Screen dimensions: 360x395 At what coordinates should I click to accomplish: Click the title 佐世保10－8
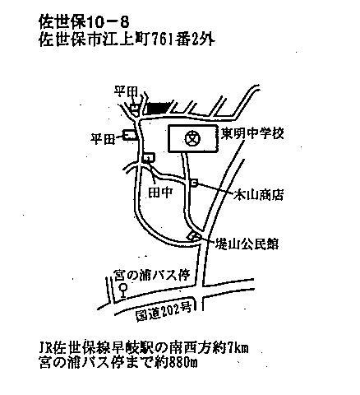[84, 22]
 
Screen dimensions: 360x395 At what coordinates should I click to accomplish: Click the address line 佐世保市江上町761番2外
[127, 39]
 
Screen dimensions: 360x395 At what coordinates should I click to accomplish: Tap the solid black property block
[157, 108]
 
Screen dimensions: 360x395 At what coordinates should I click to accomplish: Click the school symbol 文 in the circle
[192, 138]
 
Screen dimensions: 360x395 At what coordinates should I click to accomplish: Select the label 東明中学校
[252, 133]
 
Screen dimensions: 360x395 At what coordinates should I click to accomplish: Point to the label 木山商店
[259, 195]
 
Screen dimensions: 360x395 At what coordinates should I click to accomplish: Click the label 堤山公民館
[247, 244]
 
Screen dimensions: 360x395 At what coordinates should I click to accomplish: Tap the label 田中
[160, 193]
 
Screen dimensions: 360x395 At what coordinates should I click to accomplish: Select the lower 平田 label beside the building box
[103, 139]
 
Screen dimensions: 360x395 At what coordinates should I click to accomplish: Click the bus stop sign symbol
[123, 291]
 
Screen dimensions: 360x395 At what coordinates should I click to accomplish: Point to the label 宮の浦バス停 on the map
[152, 276]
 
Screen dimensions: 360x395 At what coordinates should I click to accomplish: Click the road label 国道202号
[164, 312]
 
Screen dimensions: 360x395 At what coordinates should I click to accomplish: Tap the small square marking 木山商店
[194, 183]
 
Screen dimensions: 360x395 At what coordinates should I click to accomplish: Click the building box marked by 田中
[149, 157]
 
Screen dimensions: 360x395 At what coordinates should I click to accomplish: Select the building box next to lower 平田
[129, 135]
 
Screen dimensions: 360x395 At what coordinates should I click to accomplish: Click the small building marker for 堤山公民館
[194, 236]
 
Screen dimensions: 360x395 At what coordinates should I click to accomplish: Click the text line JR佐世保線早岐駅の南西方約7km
[144, 348]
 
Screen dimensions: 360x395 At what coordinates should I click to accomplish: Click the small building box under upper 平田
[134, 109]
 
